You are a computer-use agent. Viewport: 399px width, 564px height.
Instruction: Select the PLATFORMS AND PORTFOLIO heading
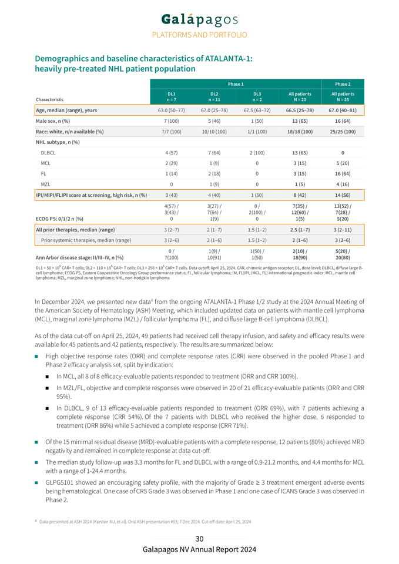tap(199, 35)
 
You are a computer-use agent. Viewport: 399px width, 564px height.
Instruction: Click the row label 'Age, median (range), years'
tap(66, 110)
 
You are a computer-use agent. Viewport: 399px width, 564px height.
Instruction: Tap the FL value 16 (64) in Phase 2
tap(343, 174)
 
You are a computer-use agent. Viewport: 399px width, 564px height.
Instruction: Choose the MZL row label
tap(45, 184)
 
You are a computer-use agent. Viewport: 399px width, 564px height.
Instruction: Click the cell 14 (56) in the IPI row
tap(343, 195)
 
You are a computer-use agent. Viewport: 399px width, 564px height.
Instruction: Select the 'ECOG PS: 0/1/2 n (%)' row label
tap(61, 219)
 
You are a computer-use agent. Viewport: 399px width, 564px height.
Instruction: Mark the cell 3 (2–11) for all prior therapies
tap(343, 230)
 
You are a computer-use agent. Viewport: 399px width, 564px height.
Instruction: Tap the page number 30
tap(199, 539)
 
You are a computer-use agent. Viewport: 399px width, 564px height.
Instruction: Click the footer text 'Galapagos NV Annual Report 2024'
tap(199, 549)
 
